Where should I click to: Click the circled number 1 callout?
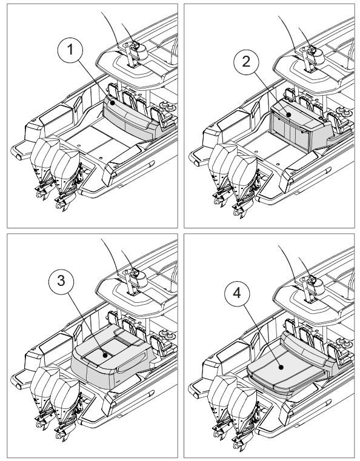70,50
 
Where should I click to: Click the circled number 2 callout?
246,62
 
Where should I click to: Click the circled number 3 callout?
61,281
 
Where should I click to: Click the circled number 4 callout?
237,293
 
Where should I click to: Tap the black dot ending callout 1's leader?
112,103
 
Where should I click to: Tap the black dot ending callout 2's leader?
289,114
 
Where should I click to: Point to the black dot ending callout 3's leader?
105,356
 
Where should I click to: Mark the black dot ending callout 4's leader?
281,368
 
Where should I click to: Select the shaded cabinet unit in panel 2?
297,127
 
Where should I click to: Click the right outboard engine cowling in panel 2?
243,173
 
